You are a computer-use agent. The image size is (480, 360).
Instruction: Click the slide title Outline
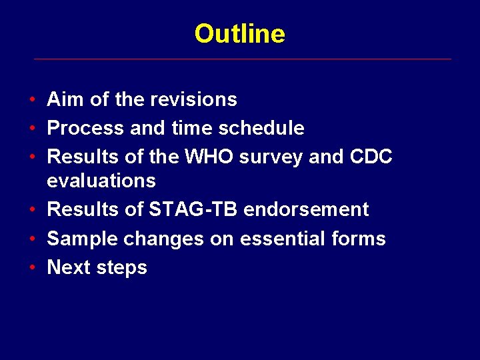[x=239, y=33]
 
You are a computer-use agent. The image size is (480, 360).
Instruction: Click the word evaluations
[x=101, y=181]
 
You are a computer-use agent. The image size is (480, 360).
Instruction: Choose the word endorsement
[x=306, y=209]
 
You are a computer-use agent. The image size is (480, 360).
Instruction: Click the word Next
[x=68, y=268]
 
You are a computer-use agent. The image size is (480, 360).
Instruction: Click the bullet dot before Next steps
[x=33, y=268]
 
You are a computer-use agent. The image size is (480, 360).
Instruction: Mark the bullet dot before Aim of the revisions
[x=33, y=100]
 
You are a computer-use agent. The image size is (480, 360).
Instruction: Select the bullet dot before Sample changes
[x=33, y=239]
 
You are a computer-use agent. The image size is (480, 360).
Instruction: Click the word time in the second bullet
[x=184, y=128]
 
